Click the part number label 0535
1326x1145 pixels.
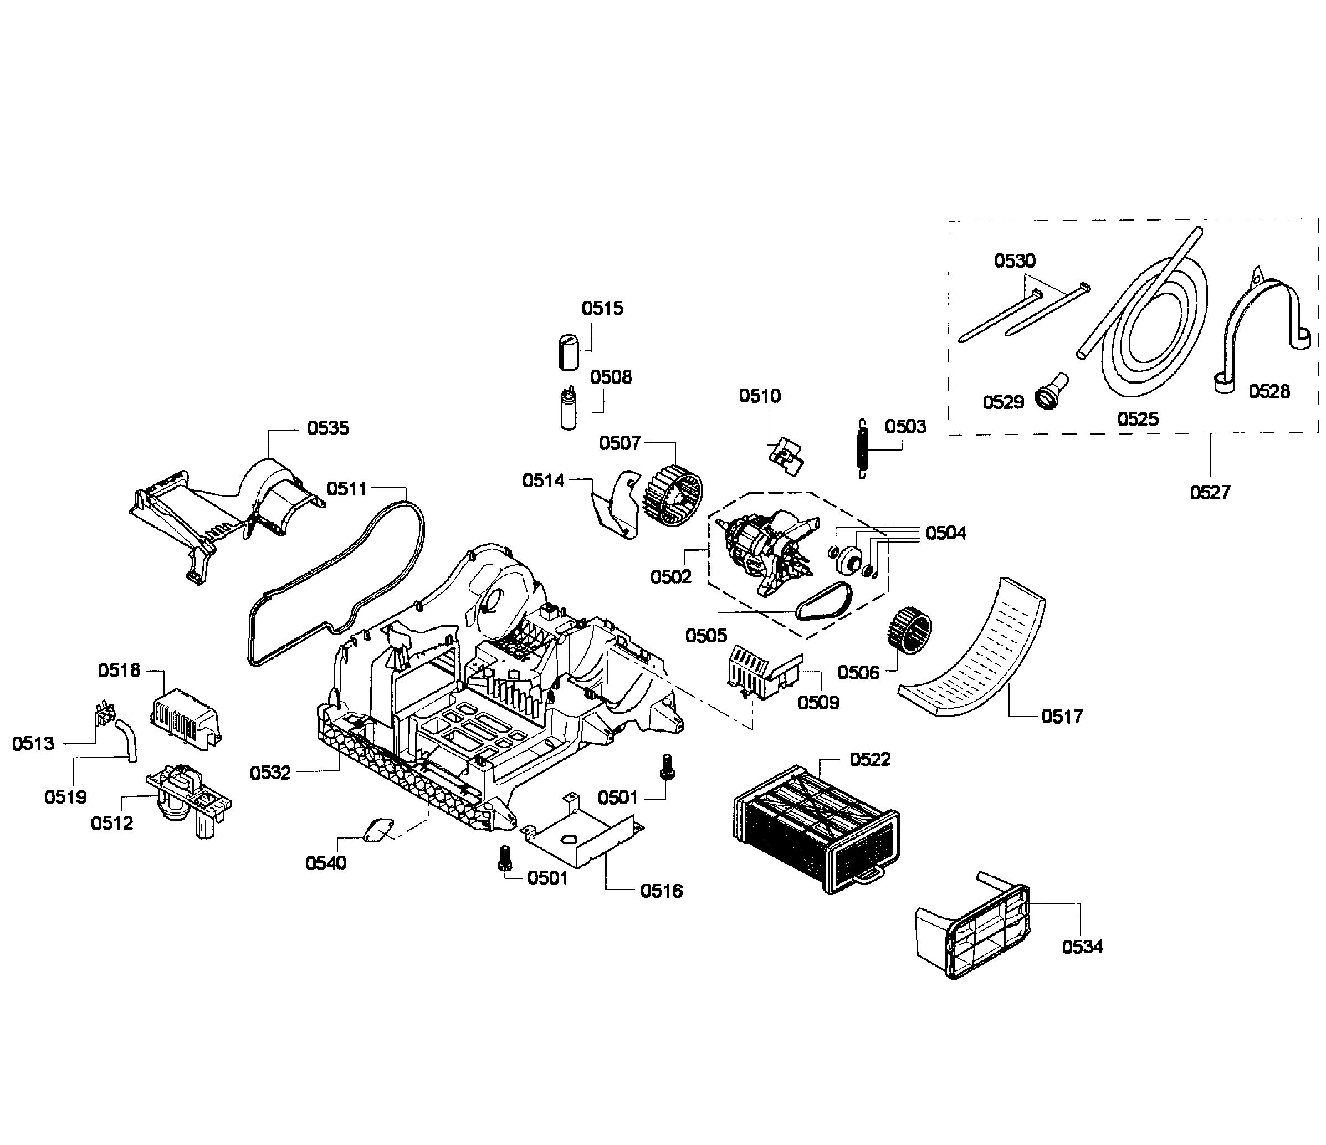point(327,428)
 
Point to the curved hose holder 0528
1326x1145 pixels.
point(1255,326)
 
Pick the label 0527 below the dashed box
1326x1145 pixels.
point(1210,492)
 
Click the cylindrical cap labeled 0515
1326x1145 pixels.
point(567,351)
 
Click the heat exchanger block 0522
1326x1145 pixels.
point(816,826)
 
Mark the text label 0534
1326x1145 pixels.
point(1082,947)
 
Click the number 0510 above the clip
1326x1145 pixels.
point(760,396)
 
